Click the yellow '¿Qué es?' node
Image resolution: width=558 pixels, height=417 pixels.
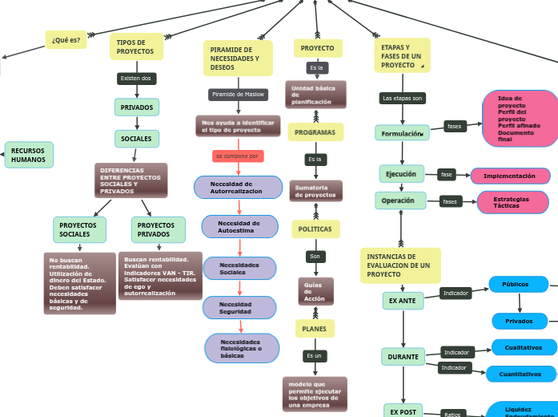[66, 40]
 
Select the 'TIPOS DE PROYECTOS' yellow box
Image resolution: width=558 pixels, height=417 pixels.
[136, 47]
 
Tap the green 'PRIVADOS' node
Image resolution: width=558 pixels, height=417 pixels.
[137, 107]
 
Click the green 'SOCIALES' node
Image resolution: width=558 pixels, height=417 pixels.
[137, 139]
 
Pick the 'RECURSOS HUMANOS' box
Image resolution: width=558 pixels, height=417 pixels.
[29, 155]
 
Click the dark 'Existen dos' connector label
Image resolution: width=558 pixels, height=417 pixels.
[135, 79]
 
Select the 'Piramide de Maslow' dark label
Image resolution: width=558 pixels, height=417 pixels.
[238, 95]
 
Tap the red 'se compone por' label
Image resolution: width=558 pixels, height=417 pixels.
[238, 156]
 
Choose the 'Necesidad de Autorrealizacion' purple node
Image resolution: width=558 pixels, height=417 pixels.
[238, 188]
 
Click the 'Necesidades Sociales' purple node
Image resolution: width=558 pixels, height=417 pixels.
[239, 269]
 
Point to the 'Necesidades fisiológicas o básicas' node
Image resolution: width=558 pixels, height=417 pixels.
[241, 348]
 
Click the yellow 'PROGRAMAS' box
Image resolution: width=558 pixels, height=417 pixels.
[315, 132]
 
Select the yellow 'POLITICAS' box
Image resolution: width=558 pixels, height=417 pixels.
[315, 229]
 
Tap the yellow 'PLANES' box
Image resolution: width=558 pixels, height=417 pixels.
[315, 329]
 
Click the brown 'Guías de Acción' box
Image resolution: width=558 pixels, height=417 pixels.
[315, 291]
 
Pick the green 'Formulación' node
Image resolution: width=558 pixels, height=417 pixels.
[402, 133]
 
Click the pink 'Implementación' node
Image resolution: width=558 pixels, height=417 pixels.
[510, 176]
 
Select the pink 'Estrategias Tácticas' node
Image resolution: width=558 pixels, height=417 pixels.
[512, 202]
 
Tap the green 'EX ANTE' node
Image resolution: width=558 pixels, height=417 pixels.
[403, 301]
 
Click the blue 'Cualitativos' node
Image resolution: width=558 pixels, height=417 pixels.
[524, 348]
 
